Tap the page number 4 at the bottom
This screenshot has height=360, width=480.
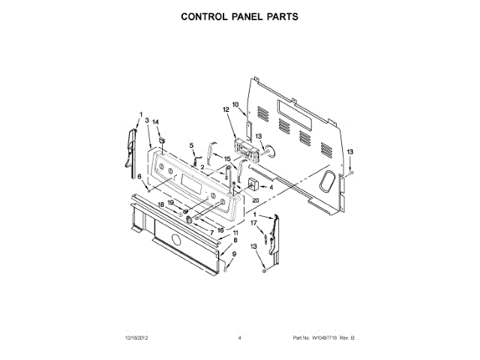pyautogui.click(x=239, y=339)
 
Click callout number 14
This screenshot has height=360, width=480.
pyautogui.click(x=156, y=121)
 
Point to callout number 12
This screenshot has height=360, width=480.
pyautogui.click(x=226, y=110)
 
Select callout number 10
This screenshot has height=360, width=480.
pyautogui.click(x=235, y=105)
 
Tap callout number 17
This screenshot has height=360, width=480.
pyautogui.click(x=253, y=223)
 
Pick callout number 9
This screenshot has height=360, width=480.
pyautogui.click(x=233, y=254)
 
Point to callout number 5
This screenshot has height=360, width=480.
pyautogui.click(x=191, y=145)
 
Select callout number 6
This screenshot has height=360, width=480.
pyautogui.click(x=139, y=177)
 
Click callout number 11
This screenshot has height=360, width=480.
pyautogui.click(x=235, y=233)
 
